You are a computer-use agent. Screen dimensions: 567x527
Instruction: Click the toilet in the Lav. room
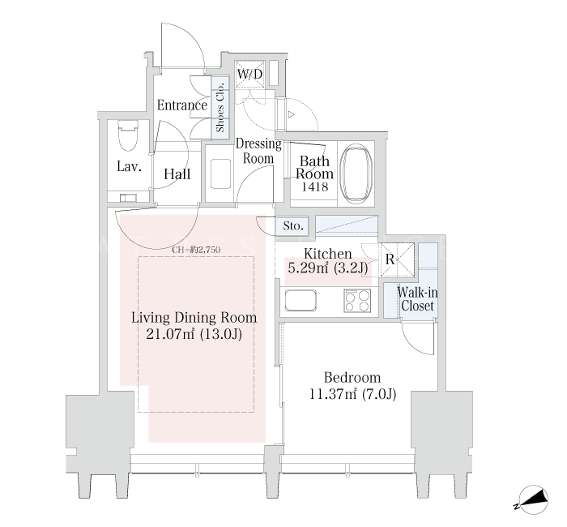pos(128,135)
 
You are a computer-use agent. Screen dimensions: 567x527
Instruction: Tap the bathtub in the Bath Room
pos(357,173)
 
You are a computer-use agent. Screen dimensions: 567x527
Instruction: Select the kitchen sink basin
pos(301,300)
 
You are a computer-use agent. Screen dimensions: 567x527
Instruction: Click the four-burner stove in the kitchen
pos(357,301)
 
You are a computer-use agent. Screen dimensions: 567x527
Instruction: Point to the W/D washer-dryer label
pos(249,75)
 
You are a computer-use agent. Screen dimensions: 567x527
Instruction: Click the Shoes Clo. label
pos(220,108)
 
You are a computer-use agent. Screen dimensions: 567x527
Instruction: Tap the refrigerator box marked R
pos(397,259)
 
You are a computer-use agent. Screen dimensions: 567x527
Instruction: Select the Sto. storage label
pos(293,226)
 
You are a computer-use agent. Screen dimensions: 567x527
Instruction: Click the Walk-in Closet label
pos(417,299)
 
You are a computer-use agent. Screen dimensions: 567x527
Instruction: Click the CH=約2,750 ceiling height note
pos(196,250)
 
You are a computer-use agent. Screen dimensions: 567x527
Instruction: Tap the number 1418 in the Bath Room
pos(315,186)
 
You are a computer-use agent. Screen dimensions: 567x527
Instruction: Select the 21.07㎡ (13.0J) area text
pos(194,334)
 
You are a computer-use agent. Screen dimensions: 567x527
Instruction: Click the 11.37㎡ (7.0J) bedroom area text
pos(352,393)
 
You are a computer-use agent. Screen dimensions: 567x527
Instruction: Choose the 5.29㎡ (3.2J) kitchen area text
pos(327,268)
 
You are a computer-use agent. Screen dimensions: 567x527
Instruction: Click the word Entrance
pos(182,105)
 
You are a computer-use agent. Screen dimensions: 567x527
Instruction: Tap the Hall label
pos(177,174)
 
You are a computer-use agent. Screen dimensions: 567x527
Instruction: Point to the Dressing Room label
pos(258,151)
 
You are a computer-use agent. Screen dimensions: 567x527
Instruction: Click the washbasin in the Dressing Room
pos(220,174)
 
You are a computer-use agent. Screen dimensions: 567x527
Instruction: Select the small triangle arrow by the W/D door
pos(291,115)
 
